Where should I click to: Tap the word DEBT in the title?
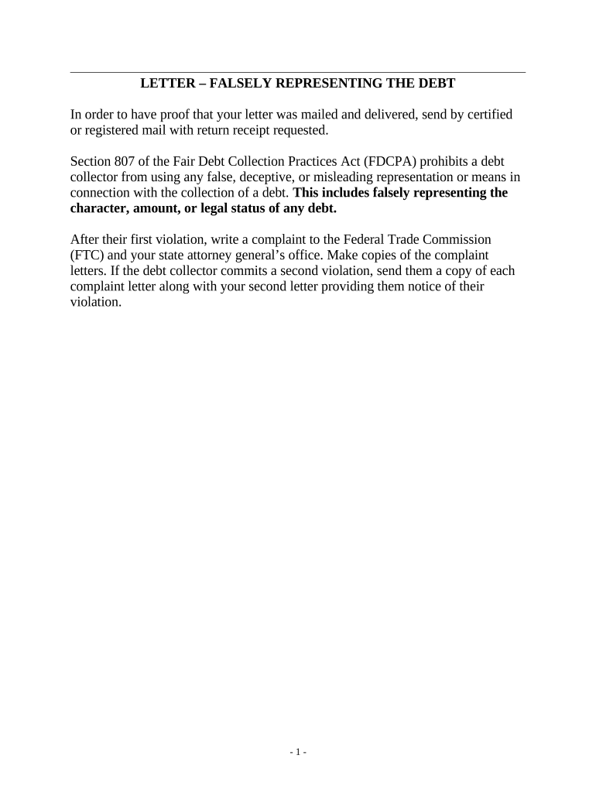tap(438, 83)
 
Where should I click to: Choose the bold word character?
tap(96, 209)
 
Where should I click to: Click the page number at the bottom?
tap(298, 752)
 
